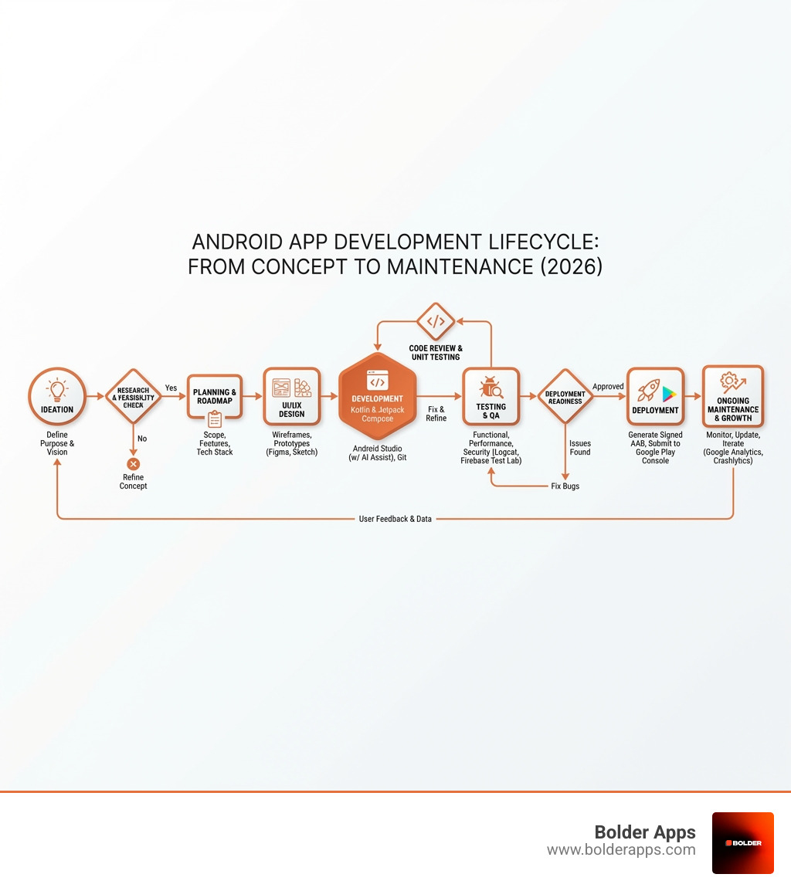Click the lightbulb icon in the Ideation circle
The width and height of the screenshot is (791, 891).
57,388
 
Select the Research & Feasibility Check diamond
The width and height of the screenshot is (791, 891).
133,397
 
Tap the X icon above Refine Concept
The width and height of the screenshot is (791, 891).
133,463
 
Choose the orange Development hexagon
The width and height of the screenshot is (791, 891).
377,398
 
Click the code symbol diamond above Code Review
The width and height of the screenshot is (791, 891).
436,321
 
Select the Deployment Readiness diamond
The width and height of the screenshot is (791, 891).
565,397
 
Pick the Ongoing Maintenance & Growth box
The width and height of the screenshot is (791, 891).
732,397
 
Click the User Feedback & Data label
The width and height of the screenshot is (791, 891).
395,519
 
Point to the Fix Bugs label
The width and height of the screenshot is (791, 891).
565,486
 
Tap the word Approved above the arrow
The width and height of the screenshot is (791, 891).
608,386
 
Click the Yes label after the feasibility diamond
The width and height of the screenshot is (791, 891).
171,388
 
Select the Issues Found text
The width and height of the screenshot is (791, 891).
580,448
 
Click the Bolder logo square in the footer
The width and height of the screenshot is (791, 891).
742,842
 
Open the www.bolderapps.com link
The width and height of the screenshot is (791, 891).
621,850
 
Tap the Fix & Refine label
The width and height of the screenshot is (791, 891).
436,413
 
